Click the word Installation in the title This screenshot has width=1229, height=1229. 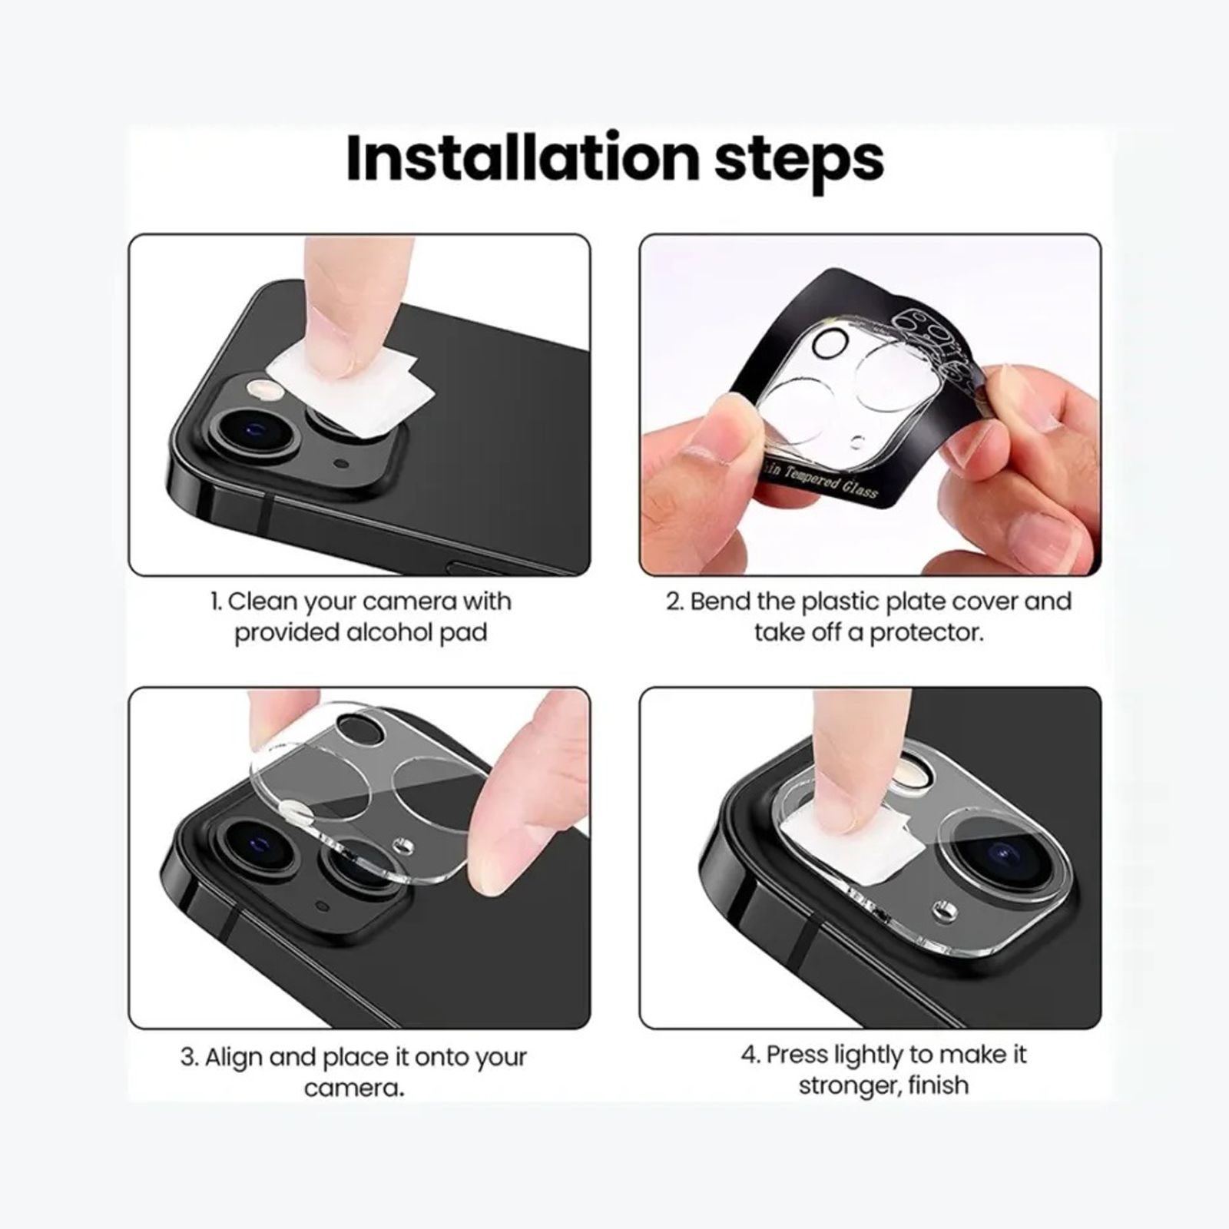(x=522, y=159)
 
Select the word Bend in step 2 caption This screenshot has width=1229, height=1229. (x=719, y=601)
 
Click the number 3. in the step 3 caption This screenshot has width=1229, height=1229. (x=189, y=1057)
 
